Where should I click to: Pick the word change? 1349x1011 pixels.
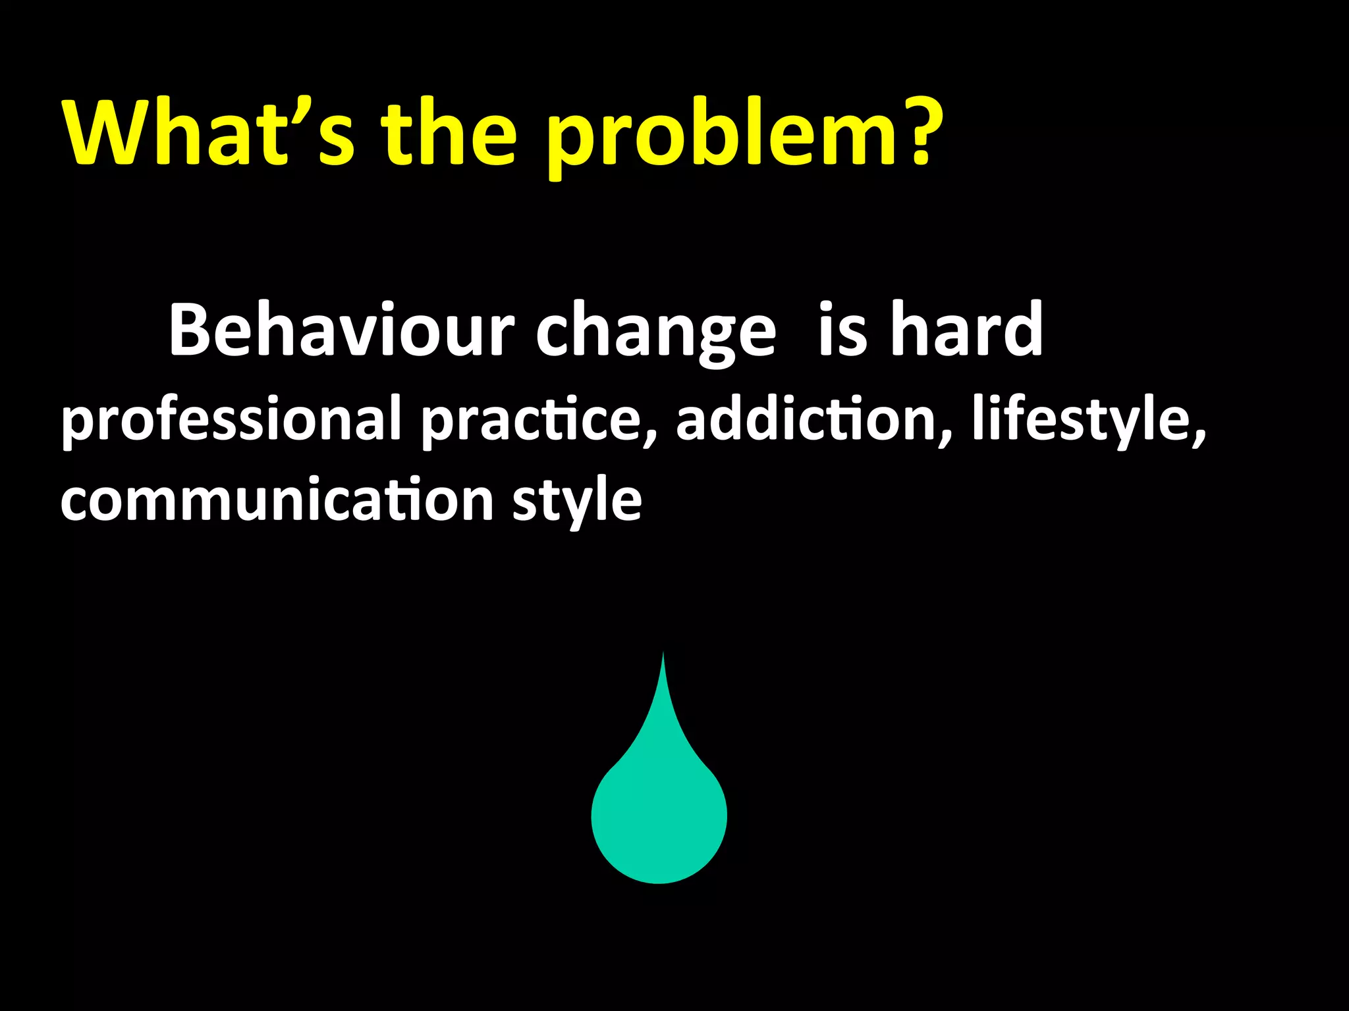click(655, 332)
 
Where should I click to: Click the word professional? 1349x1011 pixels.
click(231, 421)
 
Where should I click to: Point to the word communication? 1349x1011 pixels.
click(277, 500)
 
